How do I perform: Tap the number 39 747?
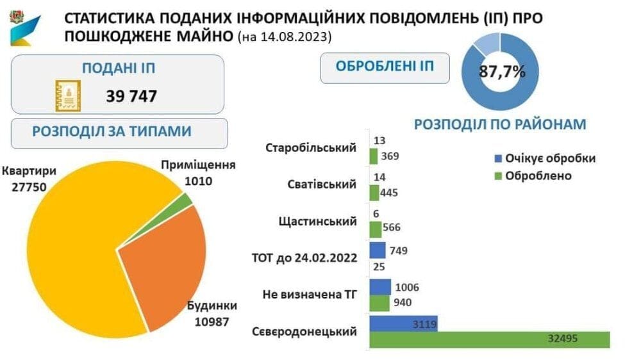(131, 97)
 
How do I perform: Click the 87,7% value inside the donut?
(502, 72)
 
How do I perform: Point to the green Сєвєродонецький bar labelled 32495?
(490, 339)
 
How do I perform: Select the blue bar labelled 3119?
(403, 323)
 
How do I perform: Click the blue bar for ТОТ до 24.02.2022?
(378, 250)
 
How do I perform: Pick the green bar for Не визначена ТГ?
(379, 303)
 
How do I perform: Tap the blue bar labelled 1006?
(380, 287)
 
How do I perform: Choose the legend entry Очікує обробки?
(545, 158)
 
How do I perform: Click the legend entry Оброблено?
(533, 176)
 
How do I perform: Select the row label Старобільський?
(311, 147)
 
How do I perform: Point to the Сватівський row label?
(322, 184)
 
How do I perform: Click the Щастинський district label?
(318, 222)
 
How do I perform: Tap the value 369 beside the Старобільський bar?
(390, 156)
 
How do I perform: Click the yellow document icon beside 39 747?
(68, 96)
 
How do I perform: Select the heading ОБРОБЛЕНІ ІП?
(385, 66)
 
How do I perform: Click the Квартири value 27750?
(29, 187)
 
